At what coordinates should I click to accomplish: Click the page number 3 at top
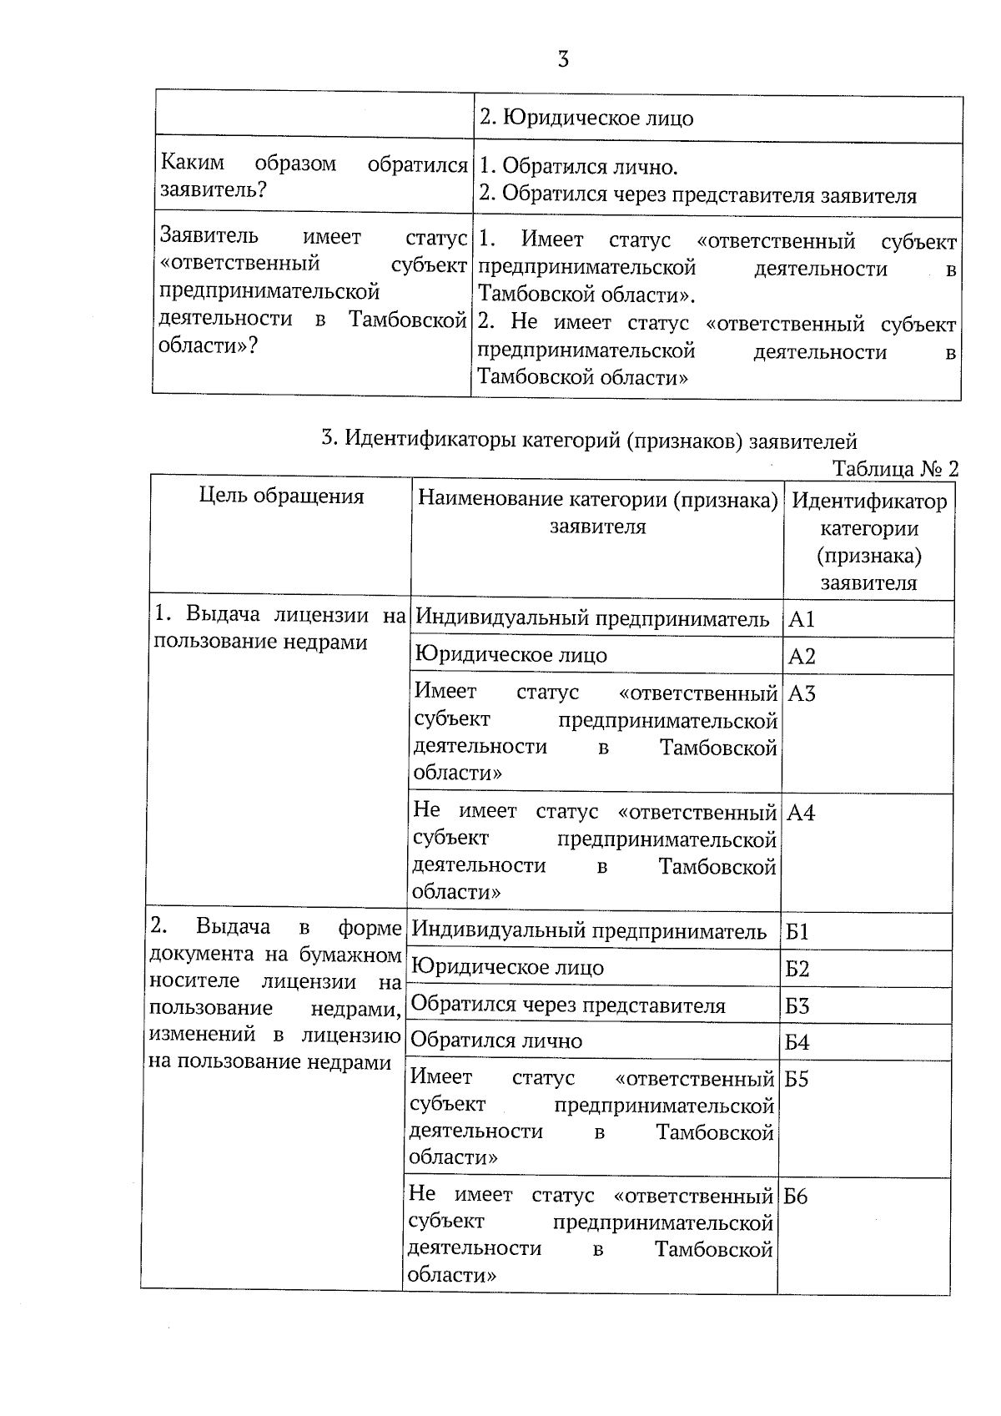(563, 59)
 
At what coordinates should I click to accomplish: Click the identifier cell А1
(802, 619)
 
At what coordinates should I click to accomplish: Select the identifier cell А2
(802, 656)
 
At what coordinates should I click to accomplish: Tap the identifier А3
(802, 693)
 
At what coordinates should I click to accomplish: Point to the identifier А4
(801, 813)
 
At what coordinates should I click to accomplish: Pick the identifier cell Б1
(797, 931)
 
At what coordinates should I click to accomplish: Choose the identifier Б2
(797, 969)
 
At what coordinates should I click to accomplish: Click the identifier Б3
(797, 1005)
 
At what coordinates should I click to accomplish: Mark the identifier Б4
(797, 1042)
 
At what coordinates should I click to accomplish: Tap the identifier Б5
(797, 1079)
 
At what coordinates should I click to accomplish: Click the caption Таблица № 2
(895, 468)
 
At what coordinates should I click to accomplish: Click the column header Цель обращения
(282, 496)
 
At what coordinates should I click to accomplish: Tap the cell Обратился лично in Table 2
(496, 1041)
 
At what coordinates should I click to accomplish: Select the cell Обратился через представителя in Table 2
(568, 1005)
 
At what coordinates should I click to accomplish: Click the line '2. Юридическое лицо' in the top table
(586, 118)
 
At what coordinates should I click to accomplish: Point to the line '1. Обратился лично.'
(578, 167)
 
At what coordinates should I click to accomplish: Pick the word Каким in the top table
(192, 163)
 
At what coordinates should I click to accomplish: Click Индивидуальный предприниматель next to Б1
(589, 930)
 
